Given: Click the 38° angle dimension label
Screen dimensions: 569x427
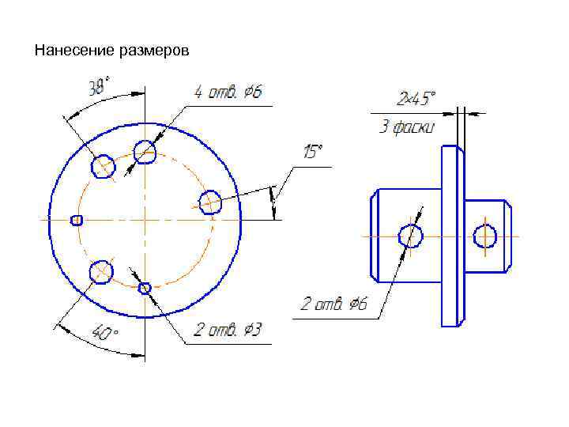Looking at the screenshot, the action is tap(99, 86).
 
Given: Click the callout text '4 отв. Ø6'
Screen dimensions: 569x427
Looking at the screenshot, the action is tap(228, 93).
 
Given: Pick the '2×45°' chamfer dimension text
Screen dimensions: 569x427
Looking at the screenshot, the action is tap(416, 99).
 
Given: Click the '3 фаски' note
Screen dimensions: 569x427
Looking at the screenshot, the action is tap(406, 127).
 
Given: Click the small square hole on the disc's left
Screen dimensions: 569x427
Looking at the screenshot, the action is tap(77, 220).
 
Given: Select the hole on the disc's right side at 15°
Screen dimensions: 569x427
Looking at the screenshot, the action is tap(209, 202).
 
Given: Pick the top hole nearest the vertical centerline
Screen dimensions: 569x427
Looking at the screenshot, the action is tap(145, 151).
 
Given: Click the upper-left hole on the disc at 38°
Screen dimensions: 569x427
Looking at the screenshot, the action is tap(104, 166).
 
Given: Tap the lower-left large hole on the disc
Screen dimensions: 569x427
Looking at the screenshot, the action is tap(100, 272).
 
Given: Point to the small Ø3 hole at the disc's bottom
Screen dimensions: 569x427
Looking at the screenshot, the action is tap(145, 288).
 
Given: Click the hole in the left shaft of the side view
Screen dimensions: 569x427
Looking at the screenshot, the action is tap(411, 236).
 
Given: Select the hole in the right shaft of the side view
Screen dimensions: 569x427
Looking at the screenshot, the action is tap(484, 236).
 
